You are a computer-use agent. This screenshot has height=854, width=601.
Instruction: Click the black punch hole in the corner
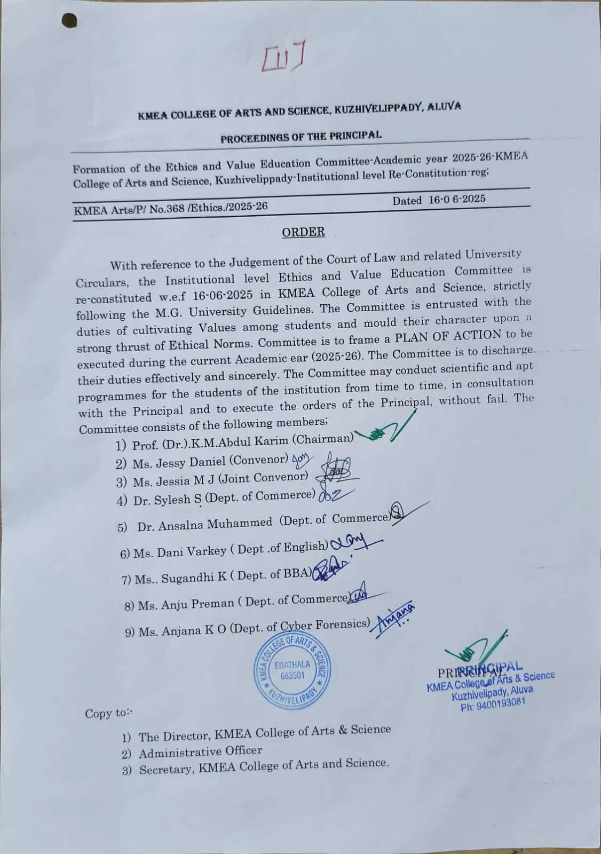click(69, 21)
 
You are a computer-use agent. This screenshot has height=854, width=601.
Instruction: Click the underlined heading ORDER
click(303, 232)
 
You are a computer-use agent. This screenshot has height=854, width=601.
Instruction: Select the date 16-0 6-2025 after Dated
click(457, 200)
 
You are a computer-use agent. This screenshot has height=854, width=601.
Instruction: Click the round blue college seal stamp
click(292, 669)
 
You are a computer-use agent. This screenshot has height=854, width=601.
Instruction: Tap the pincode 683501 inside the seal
click(292, 675)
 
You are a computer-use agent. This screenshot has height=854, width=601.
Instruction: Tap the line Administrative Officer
click(201, 752)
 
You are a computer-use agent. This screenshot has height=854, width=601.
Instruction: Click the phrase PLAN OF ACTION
click(448, 336)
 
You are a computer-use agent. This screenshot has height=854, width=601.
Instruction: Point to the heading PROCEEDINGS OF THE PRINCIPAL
click(301, 137)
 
